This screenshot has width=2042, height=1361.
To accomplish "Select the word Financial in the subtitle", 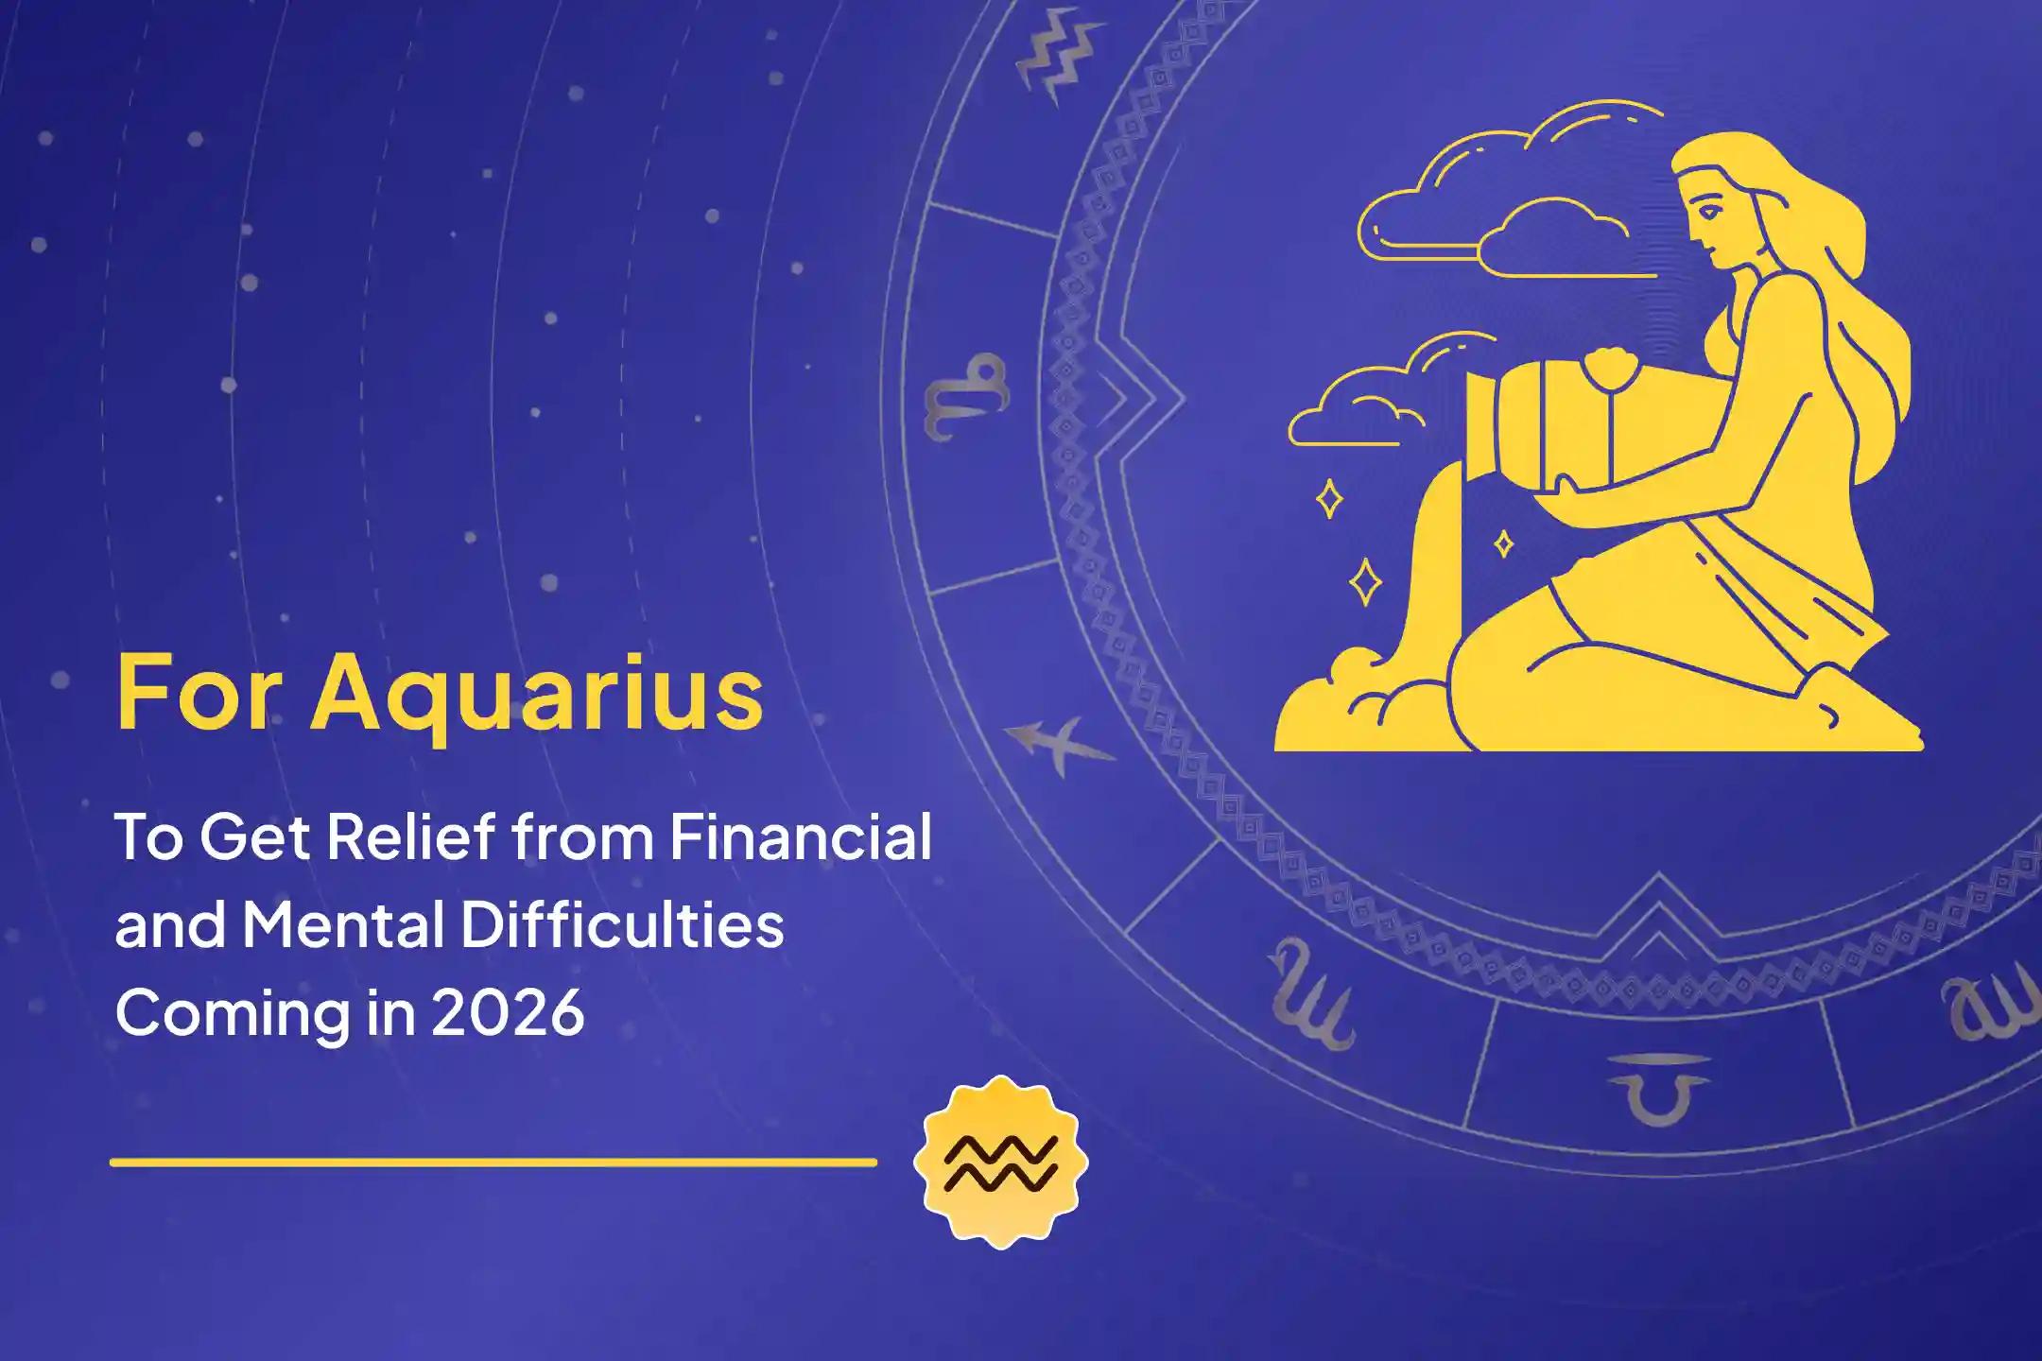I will [801, 836].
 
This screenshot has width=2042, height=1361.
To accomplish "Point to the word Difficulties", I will [622, 925].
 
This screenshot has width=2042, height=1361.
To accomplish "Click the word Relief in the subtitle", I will [411, 836].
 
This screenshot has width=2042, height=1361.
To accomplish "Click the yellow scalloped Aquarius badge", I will [1001, 1162].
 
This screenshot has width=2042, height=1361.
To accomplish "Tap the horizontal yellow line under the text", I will [493, 1162].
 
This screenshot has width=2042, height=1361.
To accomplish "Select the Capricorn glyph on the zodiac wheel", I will [965, 397].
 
